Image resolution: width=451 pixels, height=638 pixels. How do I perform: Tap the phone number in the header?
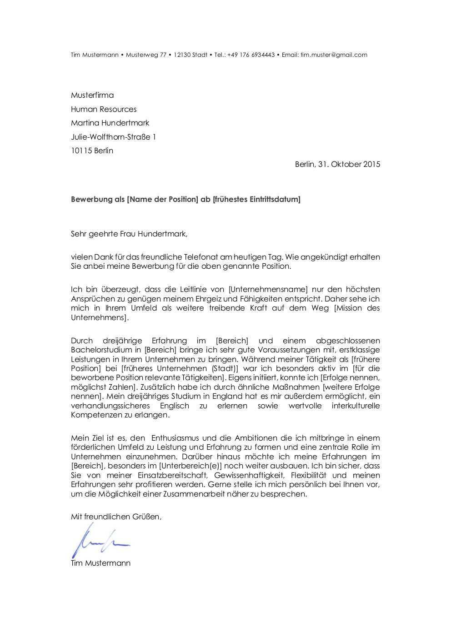(251, 55)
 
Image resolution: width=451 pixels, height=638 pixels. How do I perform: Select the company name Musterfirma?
(92, 95)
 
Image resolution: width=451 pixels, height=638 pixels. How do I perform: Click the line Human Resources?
(104, 109)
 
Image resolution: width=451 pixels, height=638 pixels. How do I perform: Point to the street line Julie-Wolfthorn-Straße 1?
(113, 137)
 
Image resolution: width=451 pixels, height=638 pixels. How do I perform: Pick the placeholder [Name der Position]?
(163, 199)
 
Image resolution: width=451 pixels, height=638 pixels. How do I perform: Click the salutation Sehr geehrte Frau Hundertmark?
(129, 234)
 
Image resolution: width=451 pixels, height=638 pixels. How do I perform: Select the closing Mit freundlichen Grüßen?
(116, 517)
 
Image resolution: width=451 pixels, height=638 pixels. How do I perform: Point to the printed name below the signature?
(100, 563)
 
